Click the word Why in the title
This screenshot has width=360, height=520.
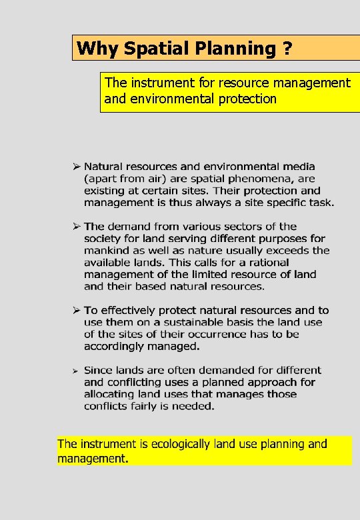(x=91, y=48)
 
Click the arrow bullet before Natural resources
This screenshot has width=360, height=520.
(x=77, y=166)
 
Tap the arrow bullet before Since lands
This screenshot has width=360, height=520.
(x=77, y=370)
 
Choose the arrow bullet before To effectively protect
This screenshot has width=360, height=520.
(x=77, y=310)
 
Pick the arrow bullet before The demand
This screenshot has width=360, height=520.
(x=77, y=226)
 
